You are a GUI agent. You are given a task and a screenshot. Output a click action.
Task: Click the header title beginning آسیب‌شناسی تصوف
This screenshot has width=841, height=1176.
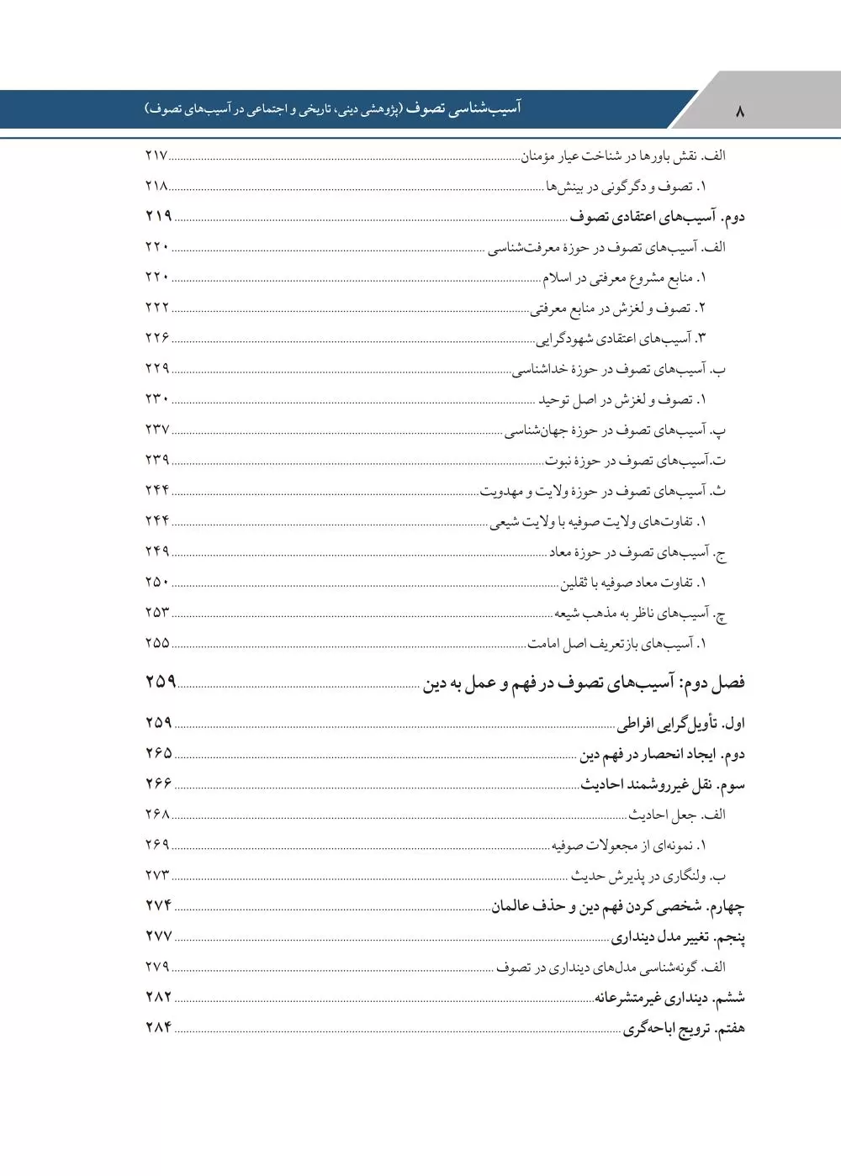pyautogui.click(x=332, y=109)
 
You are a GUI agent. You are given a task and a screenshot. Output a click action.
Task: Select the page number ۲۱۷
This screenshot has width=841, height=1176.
pyautogui.click(x=157, y=156)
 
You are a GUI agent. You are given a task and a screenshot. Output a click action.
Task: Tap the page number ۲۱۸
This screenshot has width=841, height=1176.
pyautogui.click(x=157, y=186)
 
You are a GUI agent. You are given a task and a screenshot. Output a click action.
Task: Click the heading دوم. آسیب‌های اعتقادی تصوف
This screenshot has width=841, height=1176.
pyautogui.click(x=657, y=217)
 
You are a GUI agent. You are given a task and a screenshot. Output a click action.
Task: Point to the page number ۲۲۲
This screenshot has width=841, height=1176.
pyautogui.click(x=157, y=308)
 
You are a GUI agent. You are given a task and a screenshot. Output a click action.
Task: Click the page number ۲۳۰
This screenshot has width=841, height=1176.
pyautogui.click(x=157, y=398)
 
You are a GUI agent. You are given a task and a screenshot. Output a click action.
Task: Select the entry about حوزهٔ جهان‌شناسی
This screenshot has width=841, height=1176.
pyautogui.click(x=615, y=430)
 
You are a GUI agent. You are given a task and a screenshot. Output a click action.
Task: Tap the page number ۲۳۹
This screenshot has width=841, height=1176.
pyautogui.click(x=157, y=460)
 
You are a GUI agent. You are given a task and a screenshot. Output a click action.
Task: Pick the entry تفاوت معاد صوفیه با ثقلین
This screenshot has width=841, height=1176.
pyautogui.click(x=633, y=583)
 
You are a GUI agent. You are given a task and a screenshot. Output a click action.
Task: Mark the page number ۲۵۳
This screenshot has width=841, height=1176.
pyautogui.click(x=157, y=613)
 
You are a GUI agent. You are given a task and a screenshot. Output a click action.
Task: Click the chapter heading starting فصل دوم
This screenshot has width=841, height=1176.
pyautogui.click(x=584, y=683)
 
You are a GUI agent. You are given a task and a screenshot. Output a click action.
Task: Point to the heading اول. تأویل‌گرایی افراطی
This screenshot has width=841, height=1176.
pyautogui.click(x=681, y=724)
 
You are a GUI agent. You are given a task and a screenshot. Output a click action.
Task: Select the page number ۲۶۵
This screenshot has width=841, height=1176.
pyautogui.click(x=158, y=753)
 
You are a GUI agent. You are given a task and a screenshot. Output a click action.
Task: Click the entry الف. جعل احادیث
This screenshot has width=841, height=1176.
pyautogui.click(x=678, y=815)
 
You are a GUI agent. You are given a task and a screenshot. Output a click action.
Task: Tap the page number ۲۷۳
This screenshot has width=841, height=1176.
pyautogui.click(x=157, y=875)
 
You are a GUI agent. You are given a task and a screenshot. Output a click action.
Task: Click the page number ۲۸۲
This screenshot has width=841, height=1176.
pyautogui.click(x=158, y=997)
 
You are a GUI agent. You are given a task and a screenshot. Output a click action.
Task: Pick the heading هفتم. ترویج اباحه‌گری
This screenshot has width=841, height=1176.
pyautogui.click(x=684, y=1029)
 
